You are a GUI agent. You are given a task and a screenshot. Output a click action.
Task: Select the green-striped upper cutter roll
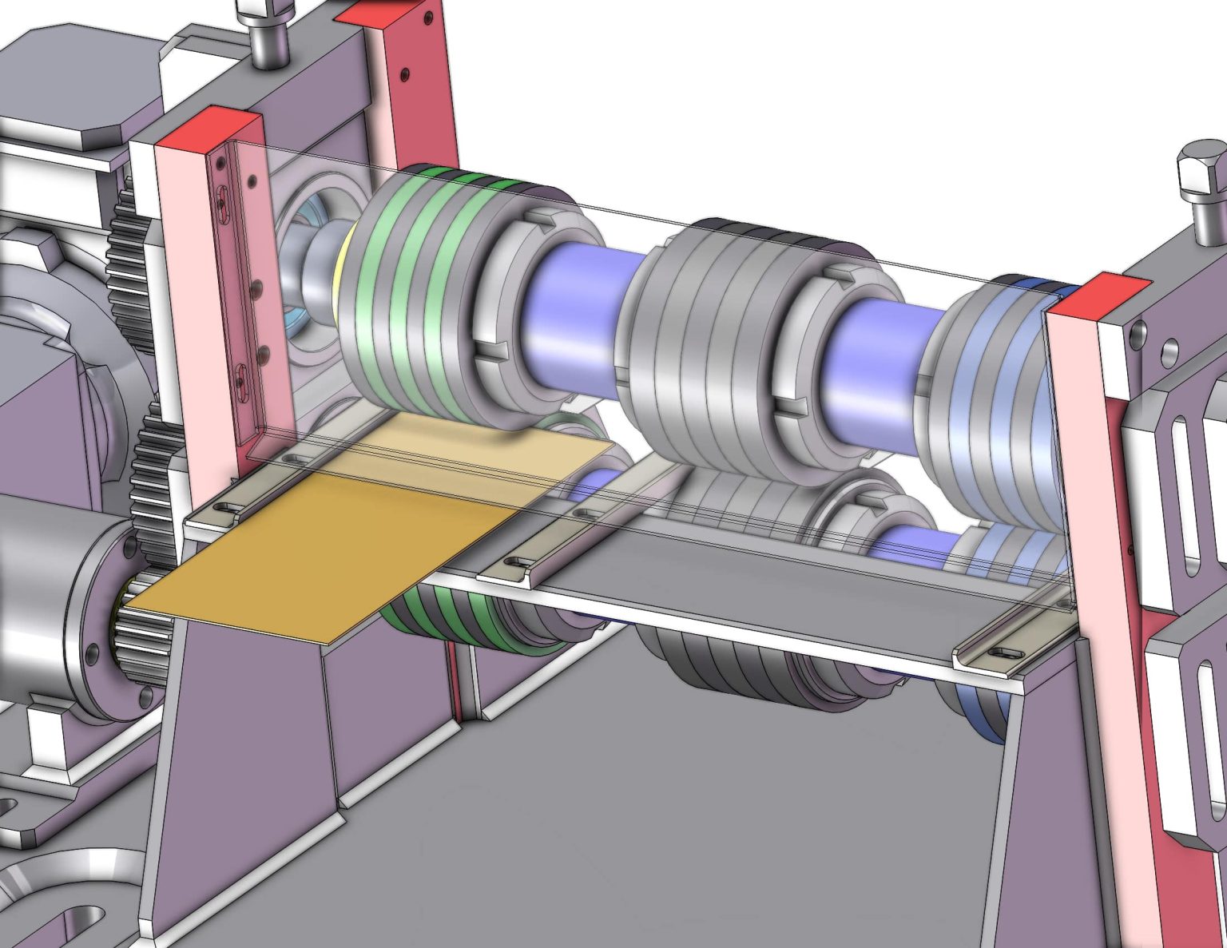(x=415, y=296)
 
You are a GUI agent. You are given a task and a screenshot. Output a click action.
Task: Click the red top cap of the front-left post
(x=209, y=128)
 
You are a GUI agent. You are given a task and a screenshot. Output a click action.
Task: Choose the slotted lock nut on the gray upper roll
(x=831, y=343)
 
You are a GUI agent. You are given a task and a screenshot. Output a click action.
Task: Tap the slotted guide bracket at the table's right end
(x=1011, y=643)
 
